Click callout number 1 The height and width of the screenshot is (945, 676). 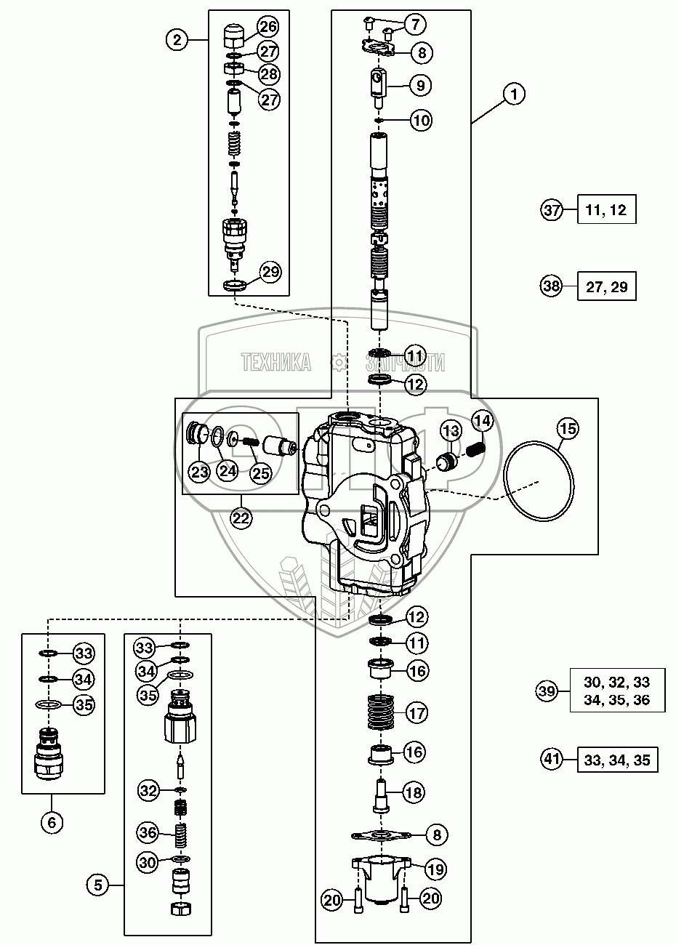(514, 94)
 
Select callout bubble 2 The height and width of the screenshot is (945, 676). (177, 39)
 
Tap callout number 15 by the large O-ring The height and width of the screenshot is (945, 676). (568, 429)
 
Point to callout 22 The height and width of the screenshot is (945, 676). (241, 518)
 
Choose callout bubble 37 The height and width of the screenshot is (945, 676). (552, 211)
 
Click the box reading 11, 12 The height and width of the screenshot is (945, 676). (606, 211)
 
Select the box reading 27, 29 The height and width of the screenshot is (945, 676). (606, 286)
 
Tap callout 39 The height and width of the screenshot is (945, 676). (547, 690)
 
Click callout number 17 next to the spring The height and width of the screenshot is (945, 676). (417, 713)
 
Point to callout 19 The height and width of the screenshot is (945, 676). (436, 869)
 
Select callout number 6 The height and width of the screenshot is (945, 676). (52, 823)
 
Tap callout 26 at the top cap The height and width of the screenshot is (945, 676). (267, 28)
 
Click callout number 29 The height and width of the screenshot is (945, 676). (270, 273)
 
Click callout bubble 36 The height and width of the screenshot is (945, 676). (149, 831)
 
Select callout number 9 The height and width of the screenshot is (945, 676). (420, 85)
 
